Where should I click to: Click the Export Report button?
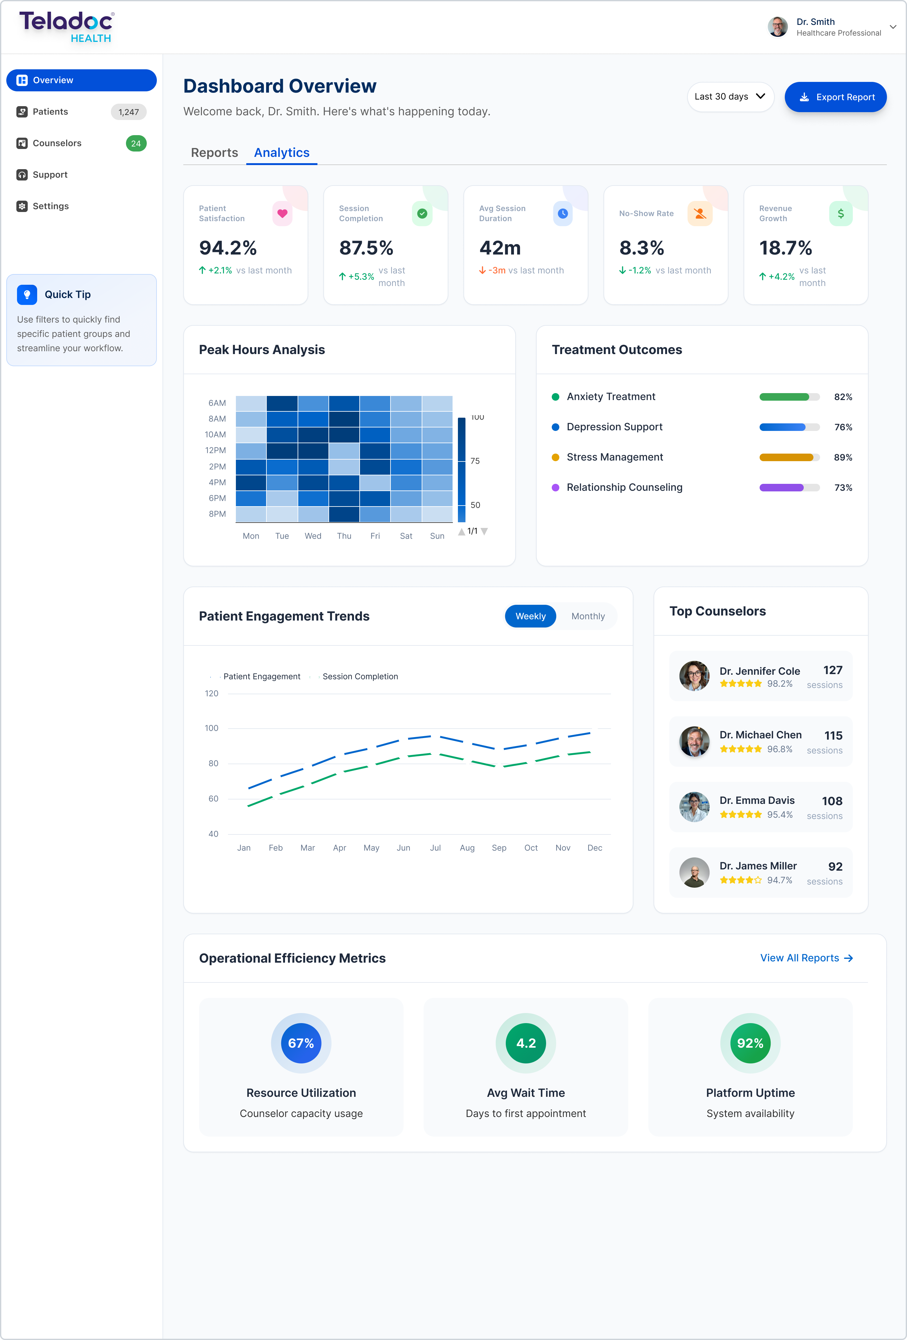coord(836,97)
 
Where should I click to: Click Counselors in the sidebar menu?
coord(57,143)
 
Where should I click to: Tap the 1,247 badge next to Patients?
coord(128,112)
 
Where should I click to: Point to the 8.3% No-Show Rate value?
coord(641,248)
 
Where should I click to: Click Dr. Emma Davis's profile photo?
coord(694,807)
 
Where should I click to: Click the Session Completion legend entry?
coord(359,676)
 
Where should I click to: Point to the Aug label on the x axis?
coord(467,848)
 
